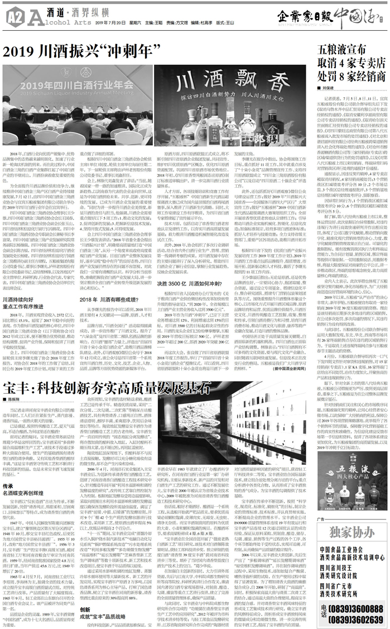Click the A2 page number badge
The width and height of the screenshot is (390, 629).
coord(12,17)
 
